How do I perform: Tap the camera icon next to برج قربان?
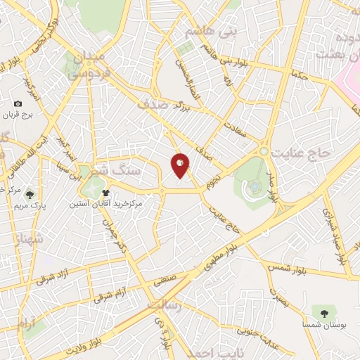pyautogui.click(x=18, y=103)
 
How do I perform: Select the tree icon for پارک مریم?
pyautogui.click(x=30, y=194)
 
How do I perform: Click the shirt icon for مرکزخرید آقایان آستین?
pyautogui.click(x=105, y=191)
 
